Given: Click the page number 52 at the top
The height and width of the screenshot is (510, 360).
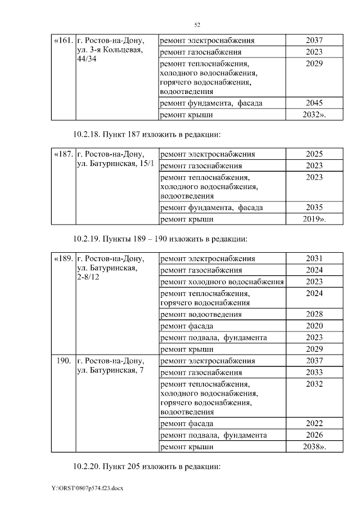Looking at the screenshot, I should pyautogui.click(x=197, y=25).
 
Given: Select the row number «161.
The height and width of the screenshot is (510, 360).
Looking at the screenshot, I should pyautogui.click(x=62, y=41).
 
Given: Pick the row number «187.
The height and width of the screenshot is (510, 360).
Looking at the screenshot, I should pyautogui.click(x=62, y=154).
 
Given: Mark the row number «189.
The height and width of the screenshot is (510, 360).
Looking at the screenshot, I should pyautogui.click(x=62, y=258).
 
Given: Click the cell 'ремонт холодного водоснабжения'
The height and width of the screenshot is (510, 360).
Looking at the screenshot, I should pyautogui.click(x=222, y=281).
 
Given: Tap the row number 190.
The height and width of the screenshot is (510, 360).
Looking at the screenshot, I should pyautogui.click(x=64, y=360).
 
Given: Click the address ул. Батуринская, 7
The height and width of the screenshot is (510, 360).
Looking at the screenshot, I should pyautogui.click(x=110, y=366).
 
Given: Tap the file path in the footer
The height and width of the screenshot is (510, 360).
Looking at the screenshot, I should pyautogui.click(x=87, y=488).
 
